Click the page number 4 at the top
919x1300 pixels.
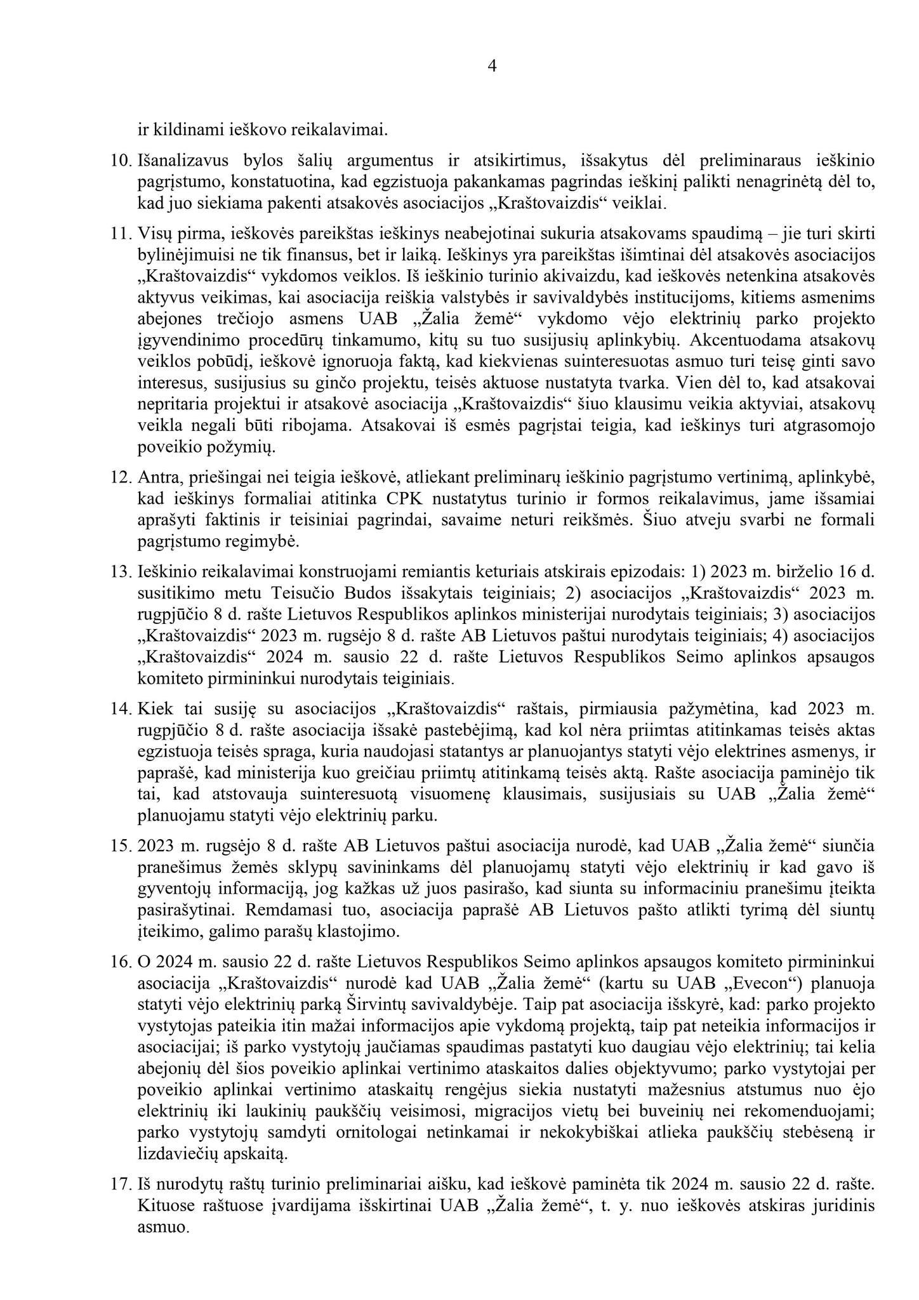coord(492,67)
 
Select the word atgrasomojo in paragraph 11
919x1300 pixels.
coord(829,426)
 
